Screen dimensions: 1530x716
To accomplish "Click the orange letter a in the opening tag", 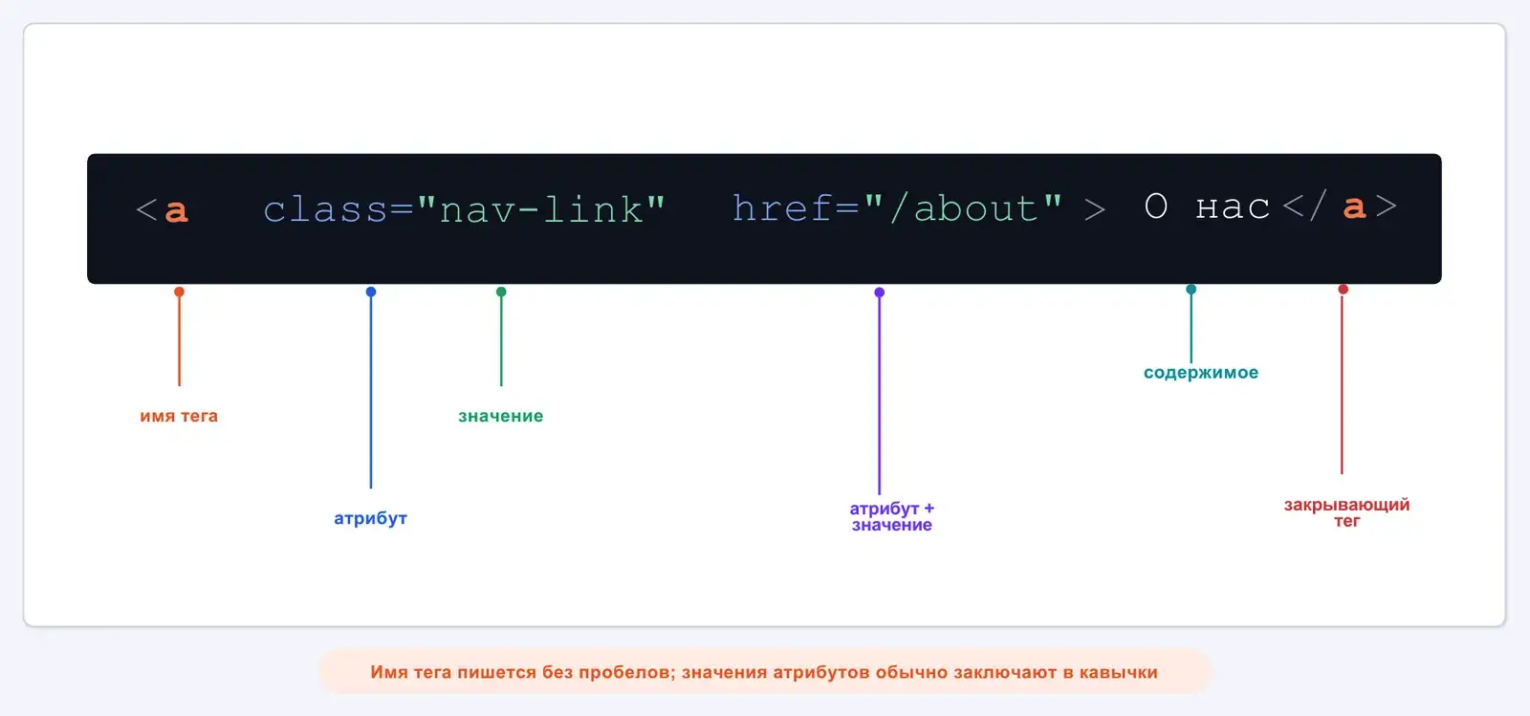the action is coord(176,211).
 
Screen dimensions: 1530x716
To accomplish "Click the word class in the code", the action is coord(326,208).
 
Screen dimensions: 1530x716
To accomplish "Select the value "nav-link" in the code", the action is coord(541,208).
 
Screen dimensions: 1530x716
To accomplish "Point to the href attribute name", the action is coord(783,207).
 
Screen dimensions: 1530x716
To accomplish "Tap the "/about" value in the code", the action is coord(964,207).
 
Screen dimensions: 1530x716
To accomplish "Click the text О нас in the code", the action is coord(1207,206).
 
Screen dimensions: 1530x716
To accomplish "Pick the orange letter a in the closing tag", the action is coord(1354,206).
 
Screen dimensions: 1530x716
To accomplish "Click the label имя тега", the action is coord(179,416).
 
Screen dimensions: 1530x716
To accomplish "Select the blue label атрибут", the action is coord(370,518).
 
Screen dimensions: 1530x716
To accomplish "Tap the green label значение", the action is coord(501,416).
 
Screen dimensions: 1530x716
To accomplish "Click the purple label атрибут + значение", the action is coord(892,517).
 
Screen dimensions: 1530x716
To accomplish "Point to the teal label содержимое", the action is coord(1201,372).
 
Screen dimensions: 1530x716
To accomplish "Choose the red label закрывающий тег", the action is coord(1347,512).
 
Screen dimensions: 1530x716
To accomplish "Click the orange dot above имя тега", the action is coord(179,292).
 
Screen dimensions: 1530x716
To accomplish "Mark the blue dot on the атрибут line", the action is coord(371,292).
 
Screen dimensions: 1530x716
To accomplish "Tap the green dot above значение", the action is coord(501,292).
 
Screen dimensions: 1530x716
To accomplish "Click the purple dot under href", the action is coord(879,293).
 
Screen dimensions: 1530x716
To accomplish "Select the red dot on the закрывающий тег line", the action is coord(1343,290).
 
